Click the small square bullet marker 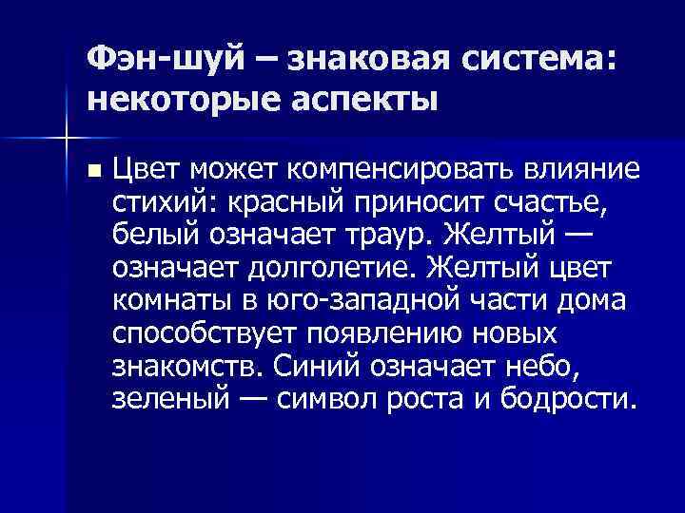(91, 171)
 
